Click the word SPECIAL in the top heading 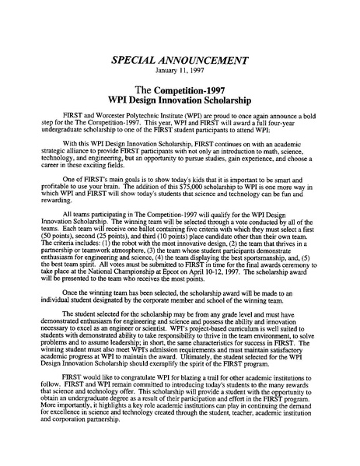point(137,60)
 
